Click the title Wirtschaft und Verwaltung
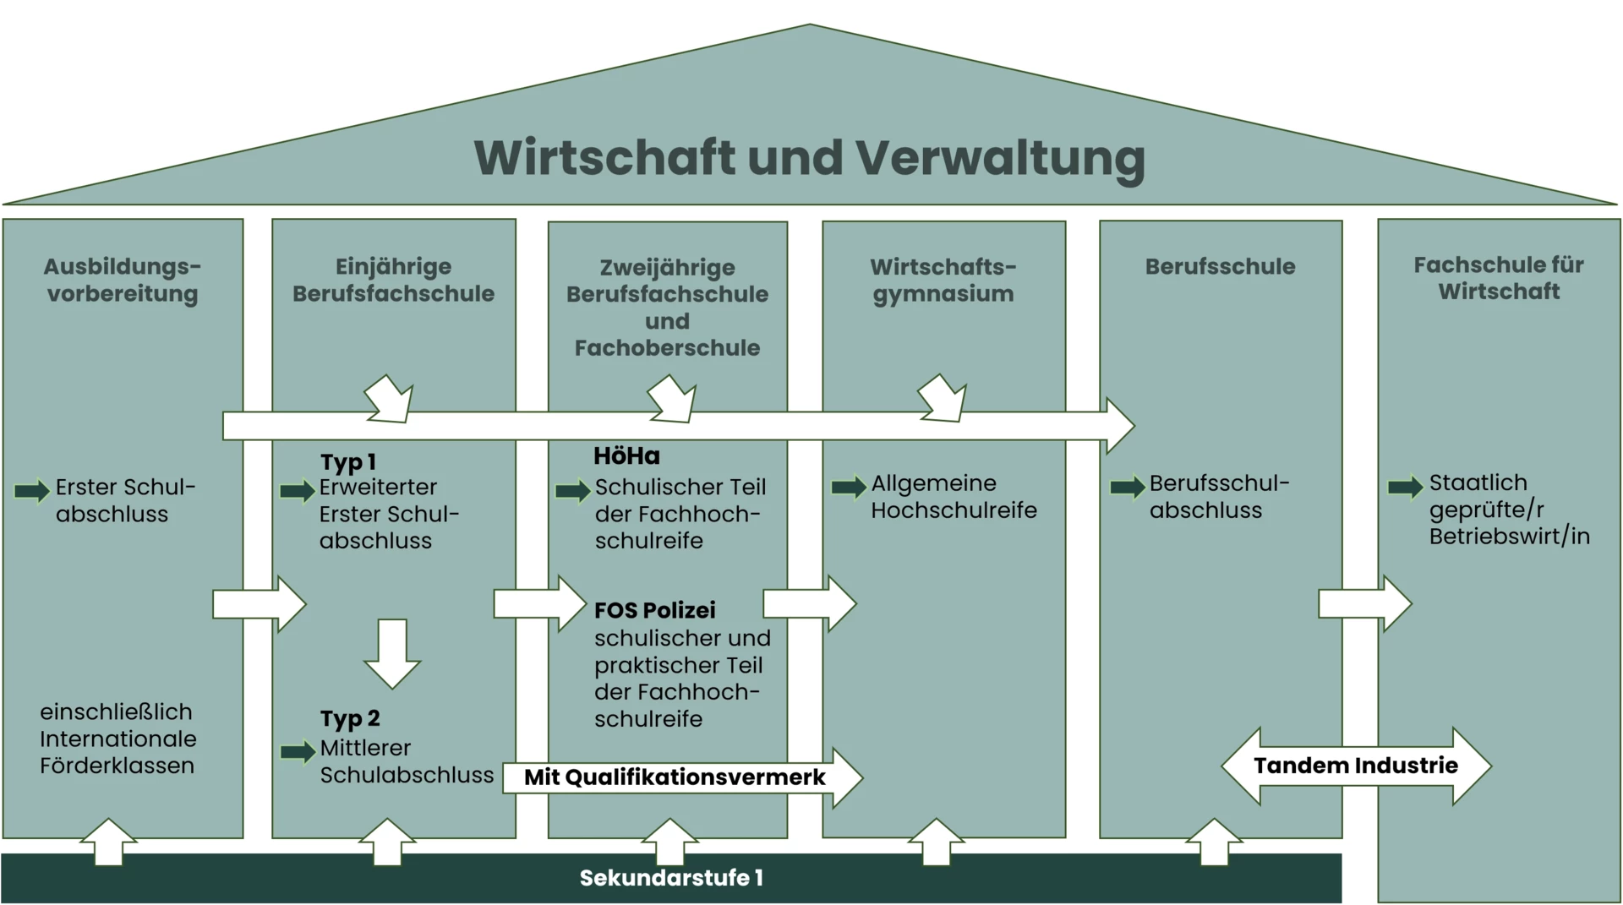[809, 158]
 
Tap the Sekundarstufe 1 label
[671, 878]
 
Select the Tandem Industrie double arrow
[1356, 766]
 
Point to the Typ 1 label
[347, 462]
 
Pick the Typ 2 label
[350, 719]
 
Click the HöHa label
[626, 456]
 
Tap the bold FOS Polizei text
[654, 610]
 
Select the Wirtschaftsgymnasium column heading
[943, 280]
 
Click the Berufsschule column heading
[1220, 266]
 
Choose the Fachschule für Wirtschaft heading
[1499, 278]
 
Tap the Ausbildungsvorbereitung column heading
[123, 280]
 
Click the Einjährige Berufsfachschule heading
[393, 280]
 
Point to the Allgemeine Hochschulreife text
[954, 497]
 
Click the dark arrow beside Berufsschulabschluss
[1127, 487]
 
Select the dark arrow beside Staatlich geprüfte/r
[1405, 487]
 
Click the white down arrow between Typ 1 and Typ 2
[392, 653]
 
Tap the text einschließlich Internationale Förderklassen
[117, 739]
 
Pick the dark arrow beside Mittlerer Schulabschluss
[297, 751]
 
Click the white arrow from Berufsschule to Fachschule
[1364, 603]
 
